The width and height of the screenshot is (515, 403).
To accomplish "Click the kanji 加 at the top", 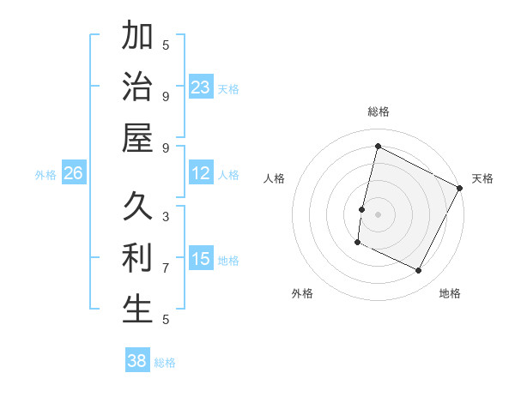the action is click(137, 38).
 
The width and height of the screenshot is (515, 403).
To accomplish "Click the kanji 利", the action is click(137, 258).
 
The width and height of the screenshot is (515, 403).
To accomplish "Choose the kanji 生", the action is click(137, 310).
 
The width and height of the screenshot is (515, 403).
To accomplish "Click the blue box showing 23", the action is click(201, 87).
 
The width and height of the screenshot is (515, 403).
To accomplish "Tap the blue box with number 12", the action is click(201, 174).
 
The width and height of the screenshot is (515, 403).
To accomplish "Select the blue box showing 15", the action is click(201, 259).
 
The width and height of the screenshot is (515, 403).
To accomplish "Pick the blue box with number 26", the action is click(73, 174).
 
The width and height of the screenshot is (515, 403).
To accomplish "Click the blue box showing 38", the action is click(137, 361).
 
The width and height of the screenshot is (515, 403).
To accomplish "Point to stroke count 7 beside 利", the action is click(166, 268).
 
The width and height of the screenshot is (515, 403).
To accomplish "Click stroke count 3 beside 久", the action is click(166, 216).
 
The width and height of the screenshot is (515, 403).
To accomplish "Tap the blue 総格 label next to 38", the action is click(165, 363).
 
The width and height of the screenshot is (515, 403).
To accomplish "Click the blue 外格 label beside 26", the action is click(45, 175).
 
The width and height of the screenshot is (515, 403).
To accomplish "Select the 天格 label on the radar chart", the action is click(482, 178).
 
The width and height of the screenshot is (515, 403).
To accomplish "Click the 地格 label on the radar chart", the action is click(450, 293).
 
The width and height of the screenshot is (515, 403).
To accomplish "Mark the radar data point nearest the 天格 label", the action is click(460, 187).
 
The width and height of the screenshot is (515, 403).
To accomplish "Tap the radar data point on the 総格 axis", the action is click(378, 147).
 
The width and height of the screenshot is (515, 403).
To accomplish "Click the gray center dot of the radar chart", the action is click(378, 214).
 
